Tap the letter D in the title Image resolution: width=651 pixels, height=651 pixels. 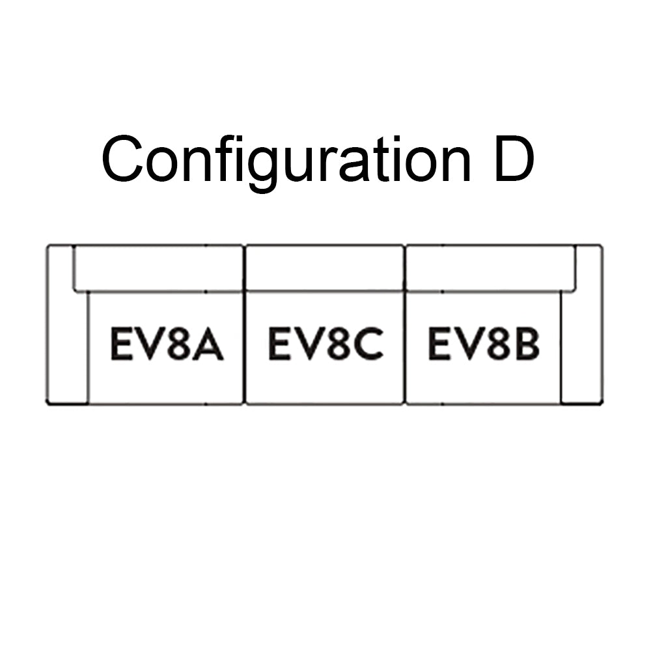tap(514, 160)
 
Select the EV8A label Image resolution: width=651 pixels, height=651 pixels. tap(167, 343)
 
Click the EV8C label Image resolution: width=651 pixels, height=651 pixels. tap(326, 343)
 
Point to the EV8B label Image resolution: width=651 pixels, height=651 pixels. tap(484, 343)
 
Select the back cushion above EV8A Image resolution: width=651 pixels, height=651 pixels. tap(158, 268)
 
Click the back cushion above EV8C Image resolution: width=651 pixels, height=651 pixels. tap(325, 268)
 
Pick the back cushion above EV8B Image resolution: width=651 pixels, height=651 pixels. tap(491, 268)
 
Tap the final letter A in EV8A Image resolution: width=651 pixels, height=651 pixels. tap(209, 343)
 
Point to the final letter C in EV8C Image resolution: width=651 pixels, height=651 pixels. tap(368, 343)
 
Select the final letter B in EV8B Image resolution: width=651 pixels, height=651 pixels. tap(527, 343)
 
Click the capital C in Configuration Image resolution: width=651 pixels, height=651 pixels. tap(122, 160)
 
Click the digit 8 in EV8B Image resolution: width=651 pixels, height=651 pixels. tap(497, 343)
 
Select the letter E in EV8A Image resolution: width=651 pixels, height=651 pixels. tap(121, 343)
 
